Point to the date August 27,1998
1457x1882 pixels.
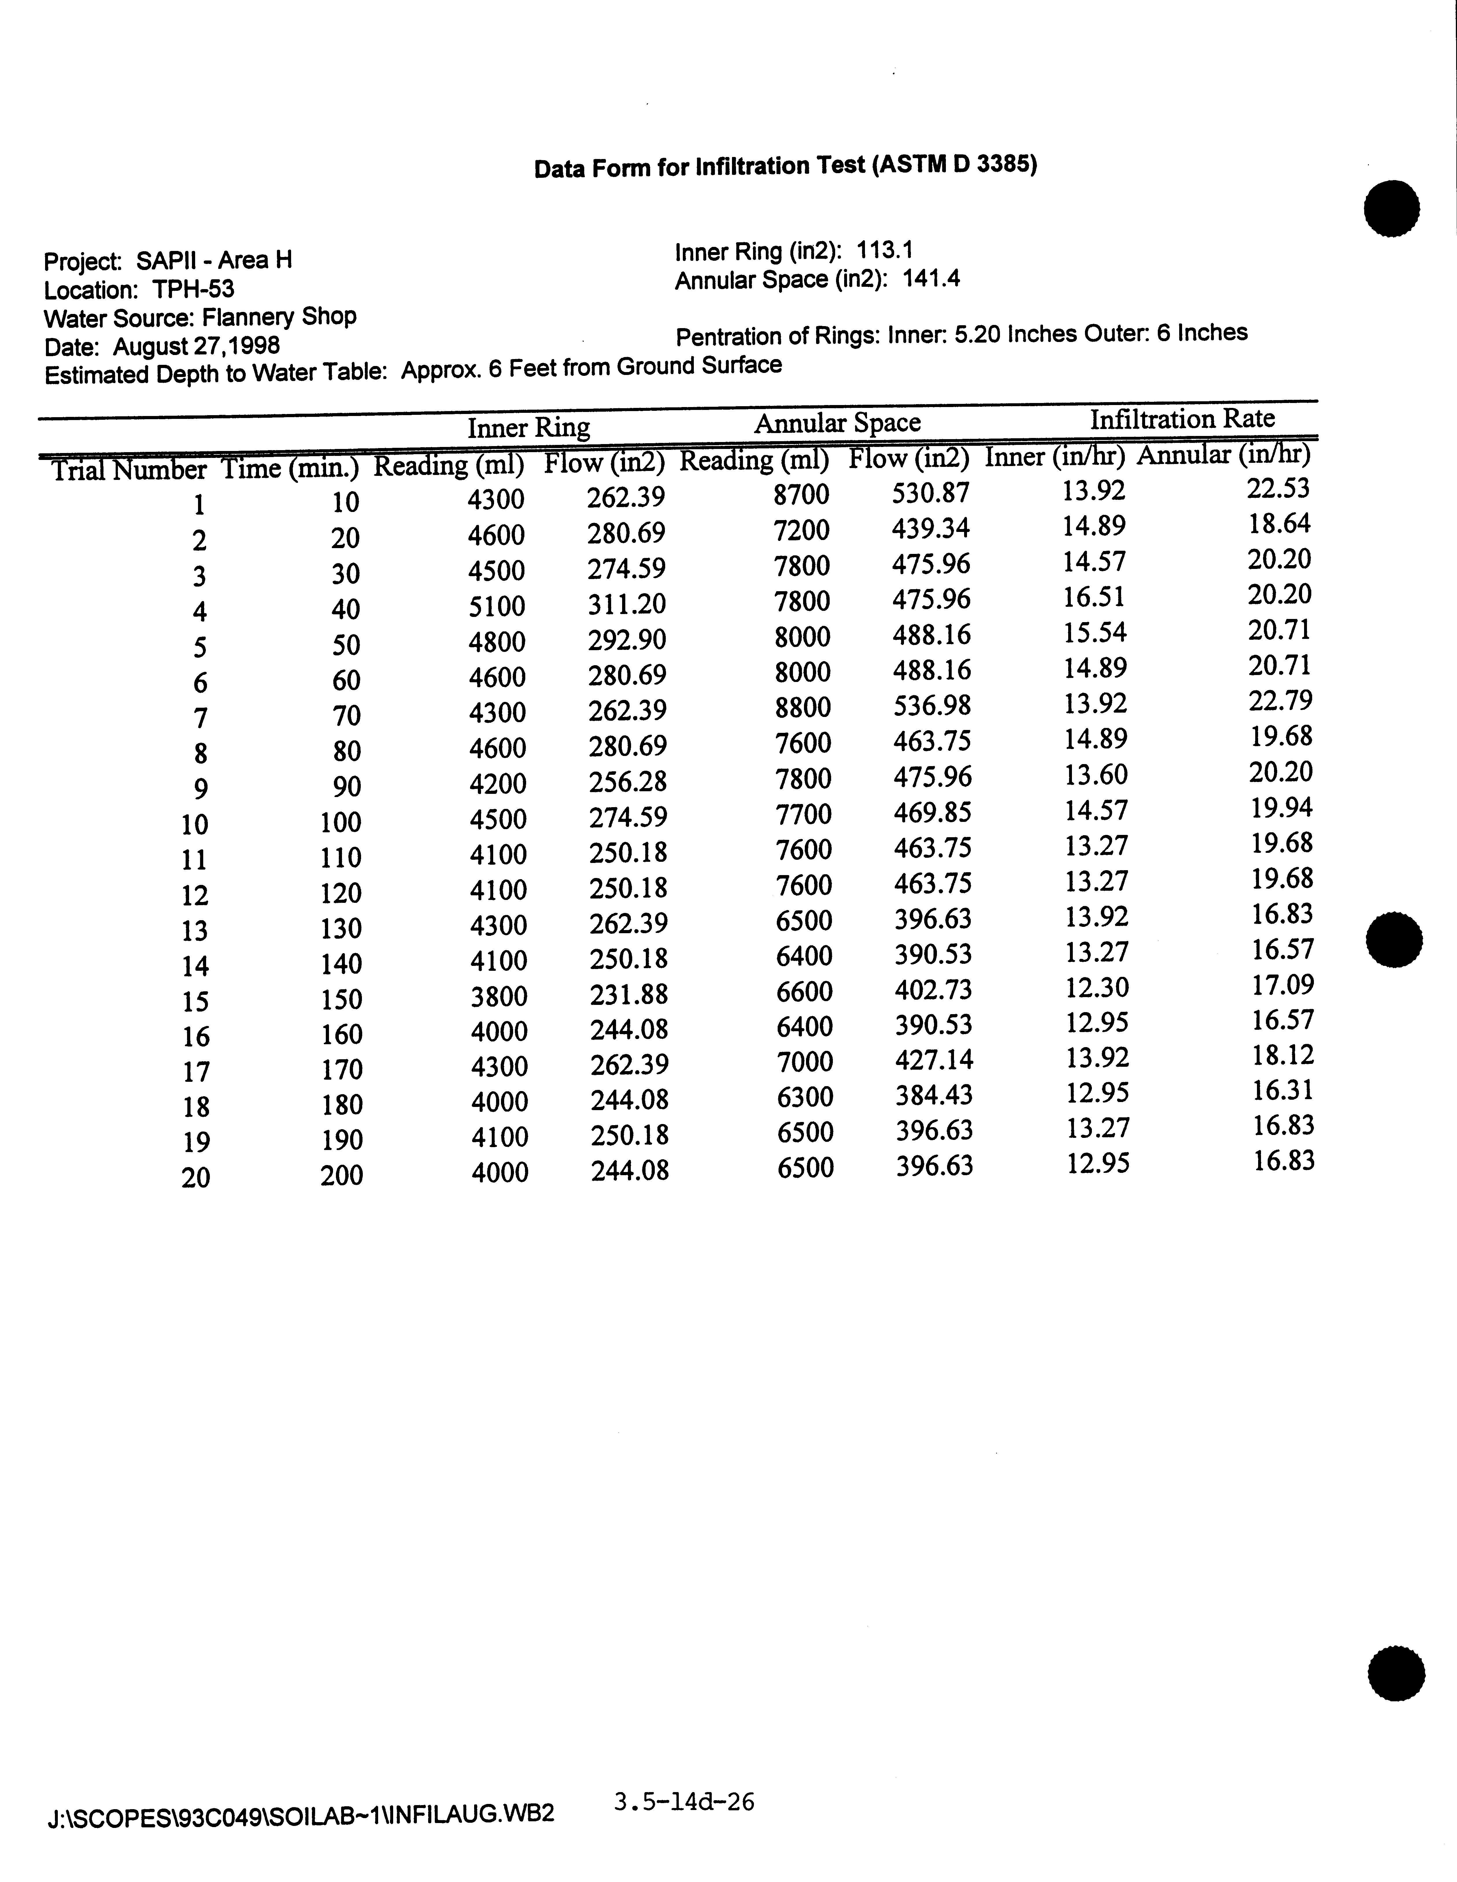197,346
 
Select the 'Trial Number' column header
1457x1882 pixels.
128,470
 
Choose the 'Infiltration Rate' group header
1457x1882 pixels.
1182,419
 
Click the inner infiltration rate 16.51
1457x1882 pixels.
1094,597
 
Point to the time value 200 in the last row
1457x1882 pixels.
341,1175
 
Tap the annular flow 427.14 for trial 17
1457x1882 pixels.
934,1059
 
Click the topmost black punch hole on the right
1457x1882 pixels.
1391,208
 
